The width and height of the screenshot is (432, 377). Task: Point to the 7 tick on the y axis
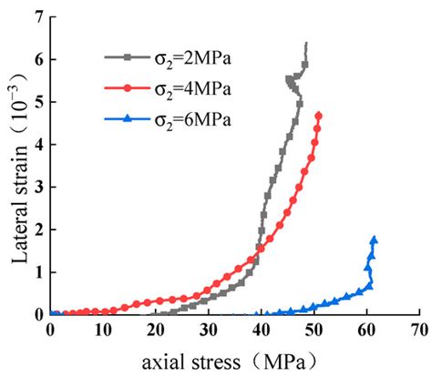pyautogui.click(x=38, y=17)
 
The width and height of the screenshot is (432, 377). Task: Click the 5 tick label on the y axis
pyautogui.click(x=38, y=102)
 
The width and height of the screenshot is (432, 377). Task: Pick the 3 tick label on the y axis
pyautogui.click(x=38, y=187)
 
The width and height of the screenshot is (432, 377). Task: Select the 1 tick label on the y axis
pyautogui.click(x=38, y=271)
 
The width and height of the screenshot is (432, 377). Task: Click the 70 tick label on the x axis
pyautogui.click(x=418, y=327)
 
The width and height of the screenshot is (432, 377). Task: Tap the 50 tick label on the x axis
pyautogui.click(x=314, y=327)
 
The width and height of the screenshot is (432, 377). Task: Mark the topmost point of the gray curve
pyautogui.click(x=305, y=44)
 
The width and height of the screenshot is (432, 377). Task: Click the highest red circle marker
pyautogui.click(x=318, y=115)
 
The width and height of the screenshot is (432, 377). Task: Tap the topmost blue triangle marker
pyautogui.click(x=374, y=239)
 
